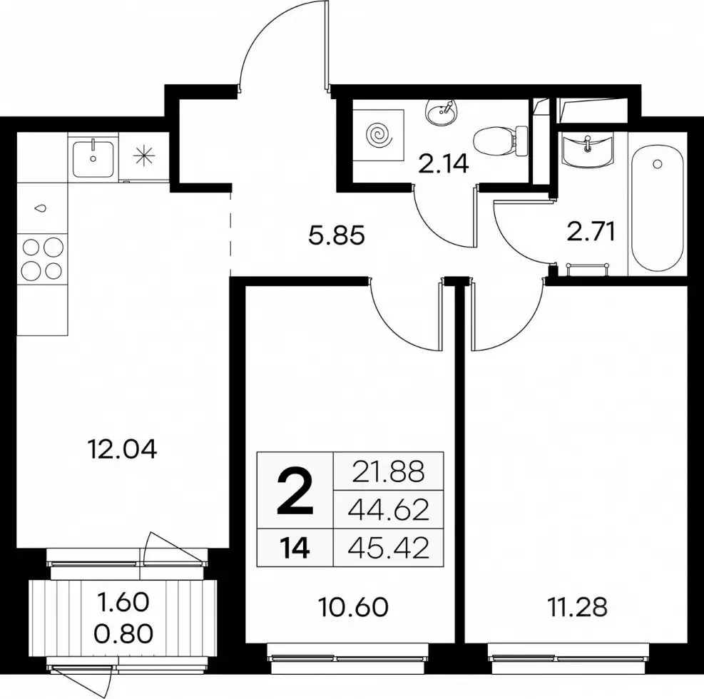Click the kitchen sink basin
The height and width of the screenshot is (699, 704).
(x=93, y=158)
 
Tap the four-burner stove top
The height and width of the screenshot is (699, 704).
(x=43, y=259)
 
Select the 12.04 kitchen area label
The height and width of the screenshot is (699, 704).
(x=123, y=449)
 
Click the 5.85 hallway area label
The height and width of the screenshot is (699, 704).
(x=337, y=235)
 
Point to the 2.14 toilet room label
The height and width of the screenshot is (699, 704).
(x=443, y=164)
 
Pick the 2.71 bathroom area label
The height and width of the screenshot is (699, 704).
(x=591, y=233)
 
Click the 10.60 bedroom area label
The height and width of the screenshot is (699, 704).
(x=353, y=607)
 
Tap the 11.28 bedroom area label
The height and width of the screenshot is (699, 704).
(x=577, y=607)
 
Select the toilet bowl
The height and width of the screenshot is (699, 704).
(x=501, y=141)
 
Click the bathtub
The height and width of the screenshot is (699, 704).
(x=658, y=207)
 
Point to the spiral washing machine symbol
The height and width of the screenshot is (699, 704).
(x=378, y=134)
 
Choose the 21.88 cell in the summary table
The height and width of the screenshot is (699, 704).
(x=388, y=472)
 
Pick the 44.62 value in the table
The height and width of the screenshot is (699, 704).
(x=388, y=510)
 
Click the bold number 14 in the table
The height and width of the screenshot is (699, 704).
(x=295, y=549)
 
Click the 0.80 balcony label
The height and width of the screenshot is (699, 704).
(x=123, y=634)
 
